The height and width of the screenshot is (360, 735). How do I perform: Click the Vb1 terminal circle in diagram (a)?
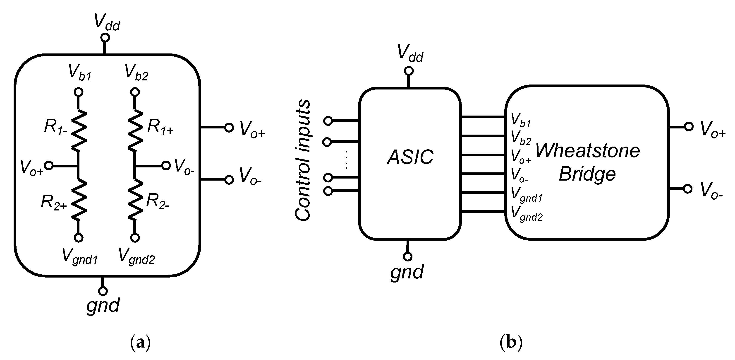(79, 92)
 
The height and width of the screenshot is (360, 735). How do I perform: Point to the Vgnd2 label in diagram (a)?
(137, 256)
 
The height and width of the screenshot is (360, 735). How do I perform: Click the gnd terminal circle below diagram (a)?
(103, 291)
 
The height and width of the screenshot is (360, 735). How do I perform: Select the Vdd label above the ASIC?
(410, 53)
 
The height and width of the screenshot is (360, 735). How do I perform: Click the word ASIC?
(410, 157)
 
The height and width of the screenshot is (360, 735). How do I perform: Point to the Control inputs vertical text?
(302, 160)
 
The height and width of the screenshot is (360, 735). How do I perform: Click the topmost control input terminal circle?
(328, 121)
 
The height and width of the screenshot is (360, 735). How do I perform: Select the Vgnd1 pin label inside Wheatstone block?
(526, 195)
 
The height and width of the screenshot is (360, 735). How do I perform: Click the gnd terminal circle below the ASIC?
(407, 257)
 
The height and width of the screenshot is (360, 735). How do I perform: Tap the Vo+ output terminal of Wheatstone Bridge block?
(689, 127)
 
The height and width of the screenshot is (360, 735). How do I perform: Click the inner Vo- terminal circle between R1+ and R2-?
(166, 165)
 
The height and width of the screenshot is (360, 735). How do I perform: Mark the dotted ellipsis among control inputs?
(346, 159)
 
